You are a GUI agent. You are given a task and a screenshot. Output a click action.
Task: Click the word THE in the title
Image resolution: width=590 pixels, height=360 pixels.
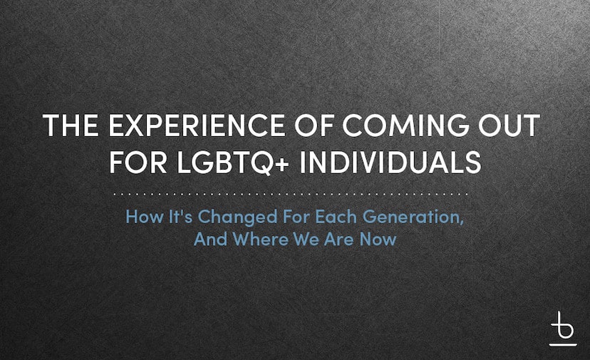click(x=71, y=125)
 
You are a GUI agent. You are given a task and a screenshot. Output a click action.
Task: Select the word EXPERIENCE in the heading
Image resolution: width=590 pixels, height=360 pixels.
click(x=197, y=125)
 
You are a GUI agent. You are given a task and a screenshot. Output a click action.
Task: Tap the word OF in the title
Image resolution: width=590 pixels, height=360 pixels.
click(x=314, y=125)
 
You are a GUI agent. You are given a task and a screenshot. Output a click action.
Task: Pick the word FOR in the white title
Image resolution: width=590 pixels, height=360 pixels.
click(x=138, y=162)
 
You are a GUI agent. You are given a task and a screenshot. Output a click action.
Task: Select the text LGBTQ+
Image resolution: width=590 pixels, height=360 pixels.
click(x=233, y=163)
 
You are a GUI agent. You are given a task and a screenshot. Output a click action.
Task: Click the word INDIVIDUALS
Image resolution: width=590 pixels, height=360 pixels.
click(x=390, y=162)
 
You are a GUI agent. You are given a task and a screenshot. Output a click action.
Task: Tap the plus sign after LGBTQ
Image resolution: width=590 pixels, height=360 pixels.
click(x=282, y=164)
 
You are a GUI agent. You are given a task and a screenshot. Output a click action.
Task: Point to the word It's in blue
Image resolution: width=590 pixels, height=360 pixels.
click(x=180, y=217)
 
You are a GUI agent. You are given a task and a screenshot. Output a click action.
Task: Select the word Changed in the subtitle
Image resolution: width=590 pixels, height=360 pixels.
click(x=237, y=217)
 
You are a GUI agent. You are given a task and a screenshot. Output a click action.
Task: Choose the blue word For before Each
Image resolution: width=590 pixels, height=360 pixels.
click(x=296, y=217)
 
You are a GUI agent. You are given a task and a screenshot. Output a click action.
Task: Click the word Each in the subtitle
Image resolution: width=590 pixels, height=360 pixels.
click(x=336, y=217)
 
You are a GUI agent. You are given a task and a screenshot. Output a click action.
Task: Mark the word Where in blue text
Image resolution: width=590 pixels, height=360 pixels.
click(x=260, y=239)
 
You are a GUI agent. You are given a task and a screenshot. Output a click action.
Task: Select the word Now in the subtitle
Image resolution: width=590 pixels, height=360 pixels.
click(x=378, y=239)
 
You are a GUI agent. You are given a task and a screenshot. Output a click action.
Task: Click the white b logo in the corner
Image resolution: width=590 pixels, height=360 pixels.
click(x=563, y=329)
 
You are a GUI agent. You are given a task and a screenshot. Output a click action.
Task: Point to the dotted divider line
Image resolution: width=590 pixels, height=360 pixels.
click(x=291, y=195)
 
